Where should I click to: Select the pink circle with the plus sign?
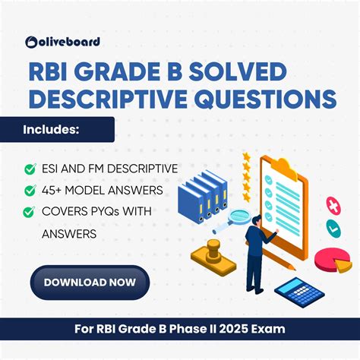pos(332,205)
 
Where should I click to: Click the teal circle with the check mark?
pos(332,227)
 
